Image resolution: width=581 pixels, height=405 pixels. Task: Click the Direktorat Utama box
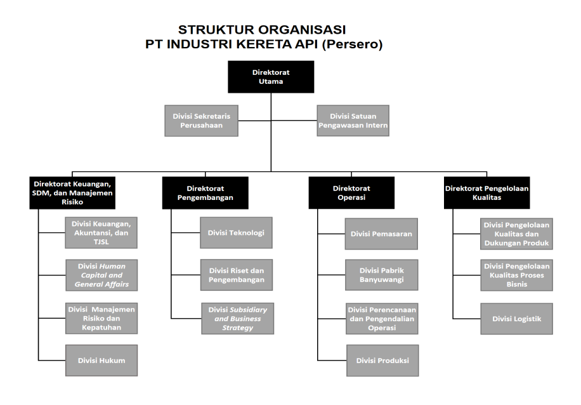271,77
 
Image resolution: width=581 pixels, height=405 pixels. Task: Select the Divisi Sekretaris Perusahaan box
201,121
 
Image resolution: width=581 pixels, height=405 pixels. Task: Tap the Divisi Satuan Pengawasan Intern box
353,121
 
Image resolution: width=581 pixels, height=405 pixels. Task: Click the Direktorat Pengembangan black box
205,192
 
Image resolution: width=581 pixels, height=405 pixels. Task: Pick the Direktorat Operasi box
351,192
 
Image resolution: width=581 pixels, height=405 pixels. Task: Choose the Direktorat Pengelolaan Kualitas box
486,192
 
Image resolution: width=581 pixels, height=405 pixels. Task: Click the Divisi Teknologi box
237,232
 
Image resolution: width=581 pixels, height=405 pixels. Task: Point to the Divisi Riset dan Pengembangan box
237,275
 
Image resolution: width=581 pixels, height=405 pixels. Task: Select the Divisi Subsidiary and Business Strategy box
237,318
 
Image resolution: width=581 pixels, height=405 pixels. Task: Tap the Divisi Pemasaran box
381,234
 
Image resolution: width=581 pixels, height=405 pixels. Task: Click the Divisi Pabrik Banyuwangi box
381,274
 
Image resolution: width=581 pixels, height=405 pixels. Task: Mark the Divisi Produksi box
381,361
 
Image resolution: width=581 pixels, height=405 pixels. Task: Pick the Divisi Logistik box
516,319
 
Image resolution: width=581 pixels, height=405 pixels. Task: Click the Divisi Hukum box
101,361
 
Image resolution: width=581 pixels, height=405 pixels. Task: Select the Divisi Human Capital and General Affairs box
101,275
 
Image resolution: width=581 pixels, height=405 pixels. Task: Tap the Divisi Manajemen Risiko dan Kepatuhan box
101,317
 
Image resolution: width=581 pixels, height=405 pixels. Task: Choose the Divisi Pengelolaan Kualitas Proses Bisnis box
516,275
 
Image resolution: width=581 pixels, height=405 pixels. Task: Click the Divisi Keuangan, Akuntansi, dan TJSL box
101,232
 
